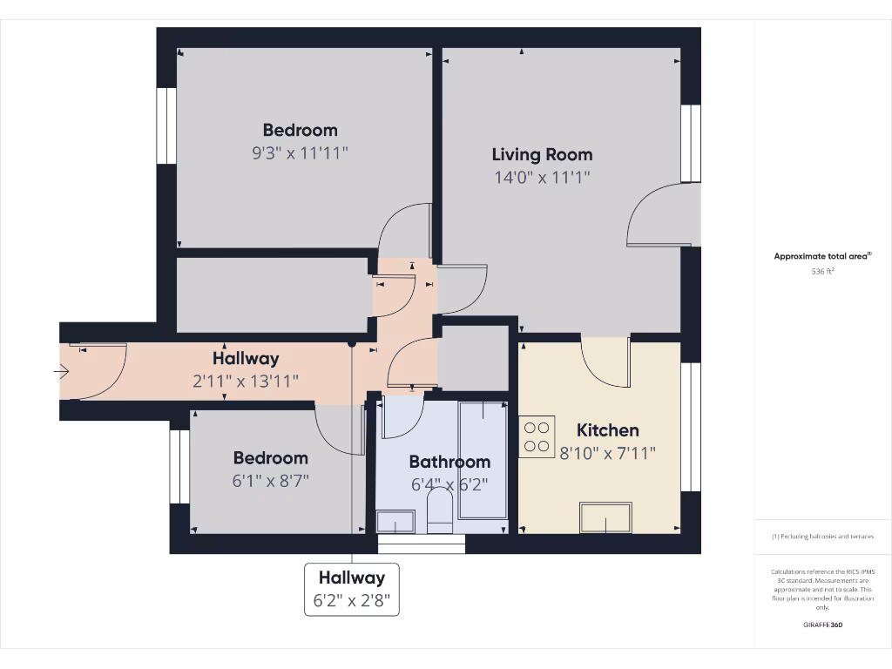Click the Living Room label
coord(542,155)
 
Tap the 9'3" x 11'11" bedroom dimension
coord(300,153)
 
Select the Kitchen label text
coord(607,430)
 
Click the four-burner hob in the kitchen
coord(537,436)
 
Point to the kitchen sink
coord(607,517)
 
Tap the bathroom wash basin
coord(395,522)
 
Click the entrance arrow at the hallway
coord(61,372)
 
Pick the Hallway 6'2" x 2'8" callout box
coord(351,590)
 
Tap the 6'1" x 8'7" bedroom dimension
coord(270,480)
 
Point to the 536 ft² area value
coord(823,271)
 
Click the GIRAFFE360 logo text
coord(823,625)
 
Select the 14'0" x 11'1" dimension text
coord(542,178)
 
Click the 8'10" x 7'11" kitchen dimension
coord(607,453)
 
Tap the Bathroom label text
coord(449,462)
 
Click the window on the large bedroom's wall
coord(166,125)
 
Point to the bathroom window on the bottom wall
coord(422,544)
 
